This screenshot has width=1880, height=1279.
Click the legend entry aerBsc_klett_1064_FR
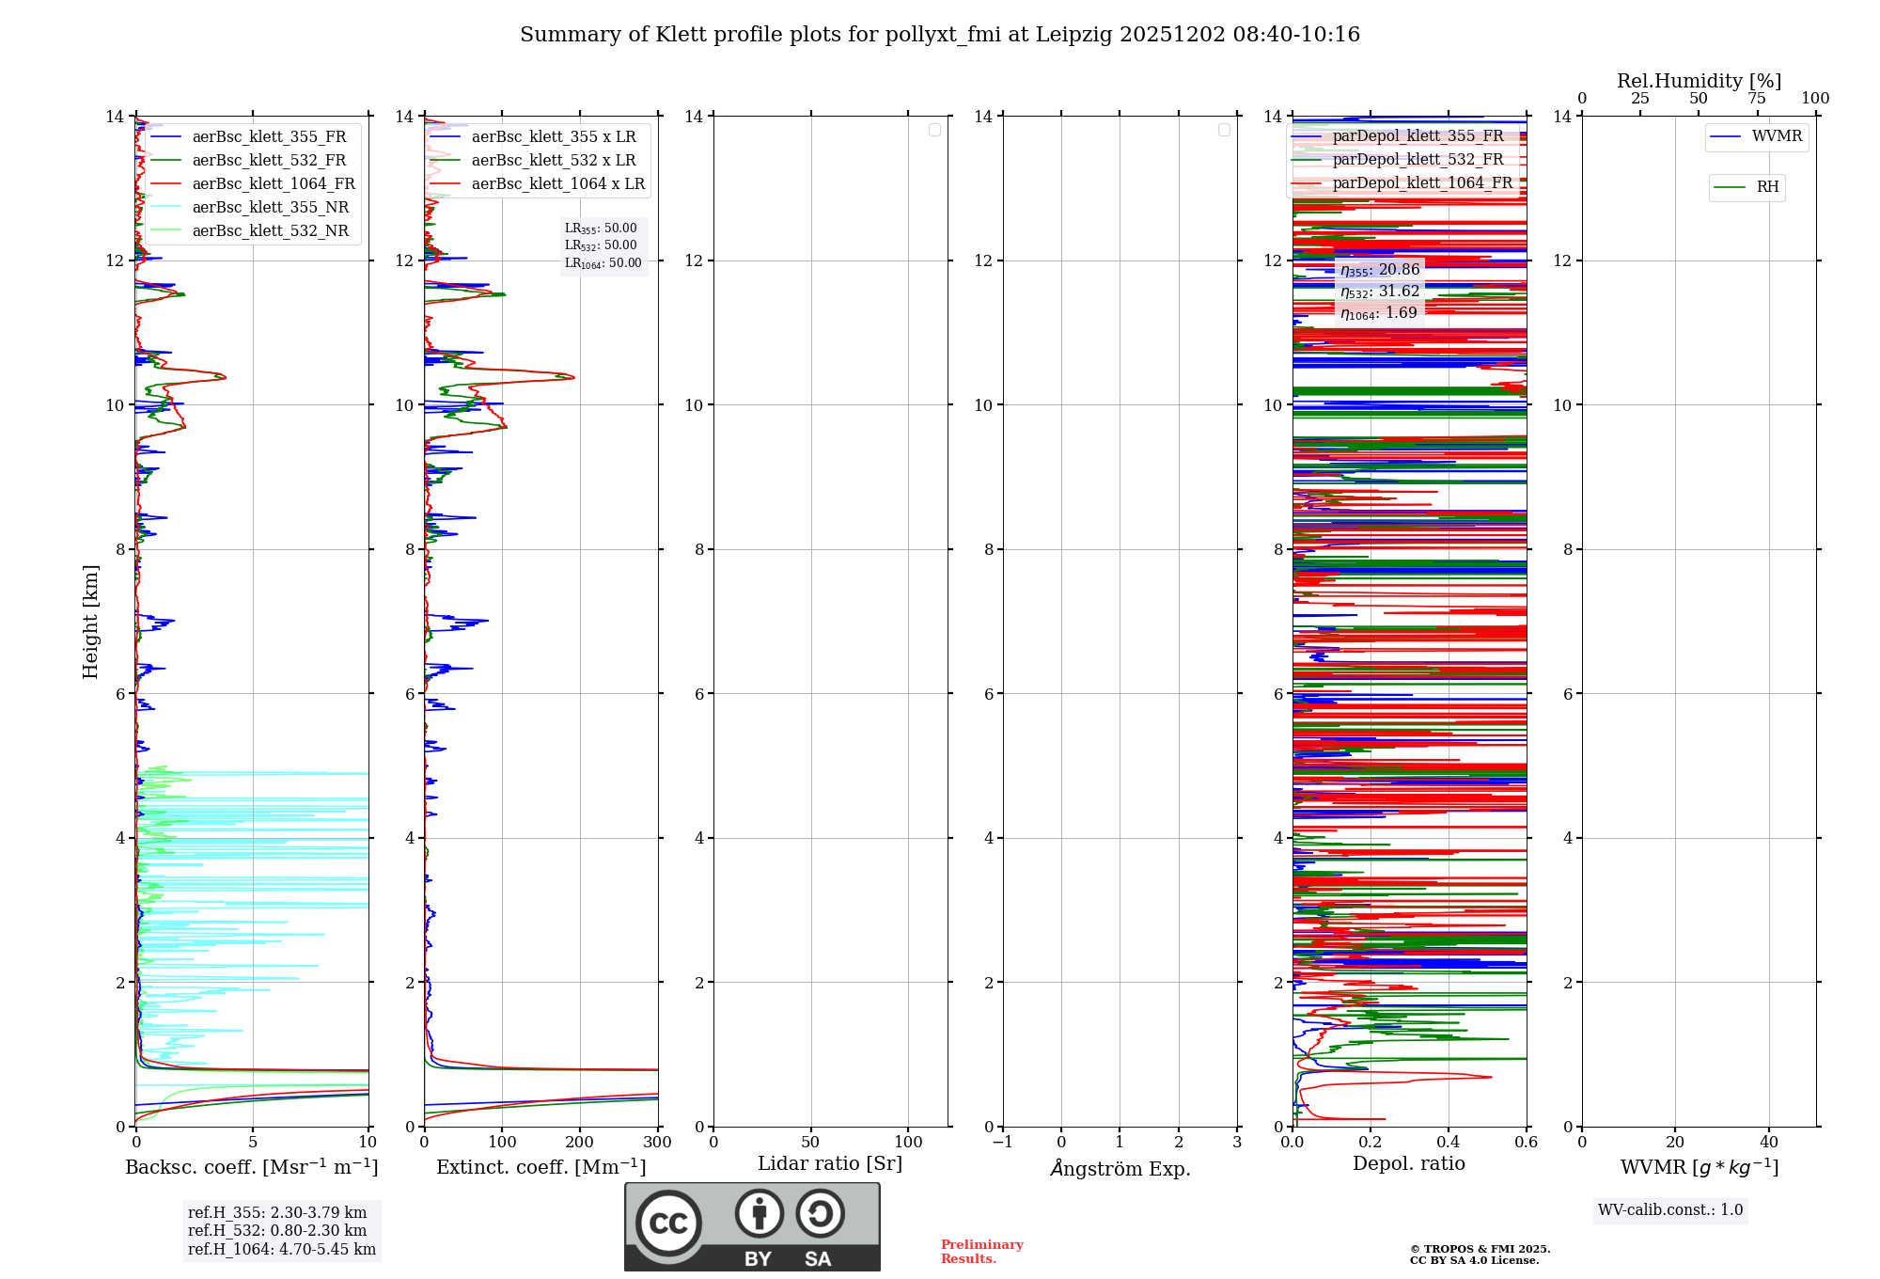(274, 184)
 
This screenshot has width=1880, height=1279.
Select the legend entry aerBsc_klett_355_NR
(270, 208)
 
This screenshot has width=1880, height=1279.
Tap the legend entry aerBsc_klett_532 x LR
(553, 161)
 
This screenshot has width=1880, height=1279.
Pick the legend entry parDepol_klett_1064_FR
(1421, 183)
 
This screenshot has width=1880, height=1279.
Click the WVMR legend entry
(1776, 136)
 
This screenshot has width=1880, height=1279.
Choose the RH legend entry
(1766, 187)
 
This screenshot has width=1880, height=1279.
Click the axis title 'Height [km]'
(90, 622)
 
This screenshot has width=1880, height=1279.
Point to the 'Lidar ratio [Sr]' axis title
(830, 1164)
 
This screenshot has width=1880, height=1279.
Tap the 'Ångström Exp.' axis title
(1120, 1169)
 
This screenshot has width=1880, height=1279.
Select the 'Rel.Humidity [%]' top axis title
(1699, 81)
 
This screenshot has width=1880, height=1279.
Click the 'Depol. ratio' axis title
(1408, 1164)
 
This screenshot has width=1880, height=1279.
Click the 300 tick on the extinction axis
(658, 1143)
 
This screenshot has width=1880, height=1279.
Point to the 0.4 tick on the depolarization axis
(1449, 1143)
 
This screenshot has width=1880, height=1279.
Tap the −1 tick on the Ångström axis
(1003, 1143)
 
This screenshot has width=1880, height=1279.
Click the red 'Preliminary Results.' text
(981, 1252)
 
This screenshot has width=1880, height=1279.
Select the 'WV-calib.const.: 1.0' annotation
(1670, 1210)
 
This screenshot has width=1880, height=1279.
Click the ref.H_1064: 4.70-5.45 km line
(282, 1250)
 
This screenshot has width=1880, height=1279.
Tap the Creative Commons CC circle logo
(668, 1224)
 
